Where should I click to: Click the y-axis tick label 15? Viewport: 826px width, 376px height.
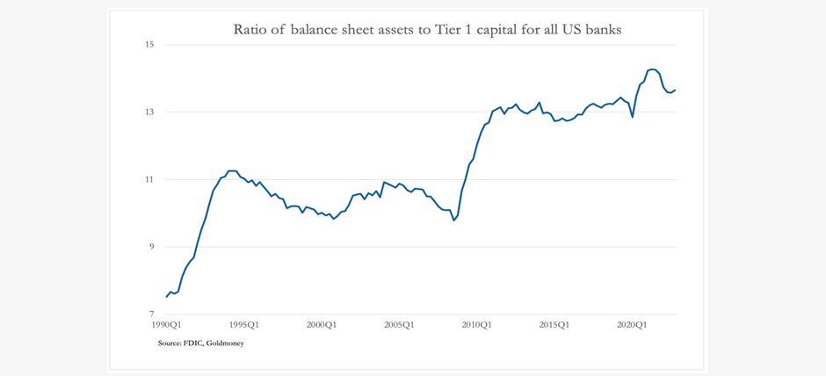pos(149,45)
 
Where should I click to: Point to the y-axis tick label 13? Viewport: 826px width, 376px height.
pos(149,112)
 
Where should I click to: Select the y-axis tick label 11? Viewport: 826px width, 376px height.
pos(149,179)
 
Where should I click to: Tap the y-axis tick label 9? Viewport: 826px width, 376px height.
pos(150,247)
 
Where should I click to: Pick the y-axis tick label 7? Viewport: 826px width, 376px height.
pos(150,315)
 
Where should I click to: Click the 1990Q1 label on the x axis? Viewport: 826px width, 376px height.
pos(167,325)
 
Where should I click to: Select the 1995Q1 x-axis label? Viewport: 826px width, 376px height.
pos(244,325)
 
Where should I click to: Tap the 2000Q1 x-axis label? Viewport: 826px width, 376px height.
pos(322,325)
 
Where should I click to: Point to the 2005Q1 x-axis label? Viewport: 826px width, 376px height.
pos(399,325)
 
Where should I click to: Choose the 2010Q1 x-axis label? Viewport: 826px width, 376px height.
pos(476,325)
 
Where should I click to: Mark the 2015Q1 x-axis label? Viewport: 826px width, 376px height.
pos(554,325)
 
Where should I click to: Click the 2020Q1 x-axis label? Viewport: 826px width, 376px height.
pos(631,325)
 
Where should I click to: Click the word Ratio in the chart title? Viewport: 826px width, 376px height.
pos(250,30)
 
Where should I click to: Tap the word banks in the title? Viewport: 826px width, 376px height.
pos(603,30)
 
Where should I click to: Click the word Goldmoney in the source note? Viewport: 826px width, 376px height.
pos(226,343)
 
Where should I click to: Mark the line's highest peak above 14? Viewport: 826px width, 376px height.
pos(652,69)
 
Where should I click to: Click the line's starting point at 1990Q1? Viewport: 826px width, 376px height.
pos(167,297)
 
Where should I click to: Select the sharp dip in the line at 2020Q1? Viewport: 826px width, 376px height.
pos(633,117)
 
